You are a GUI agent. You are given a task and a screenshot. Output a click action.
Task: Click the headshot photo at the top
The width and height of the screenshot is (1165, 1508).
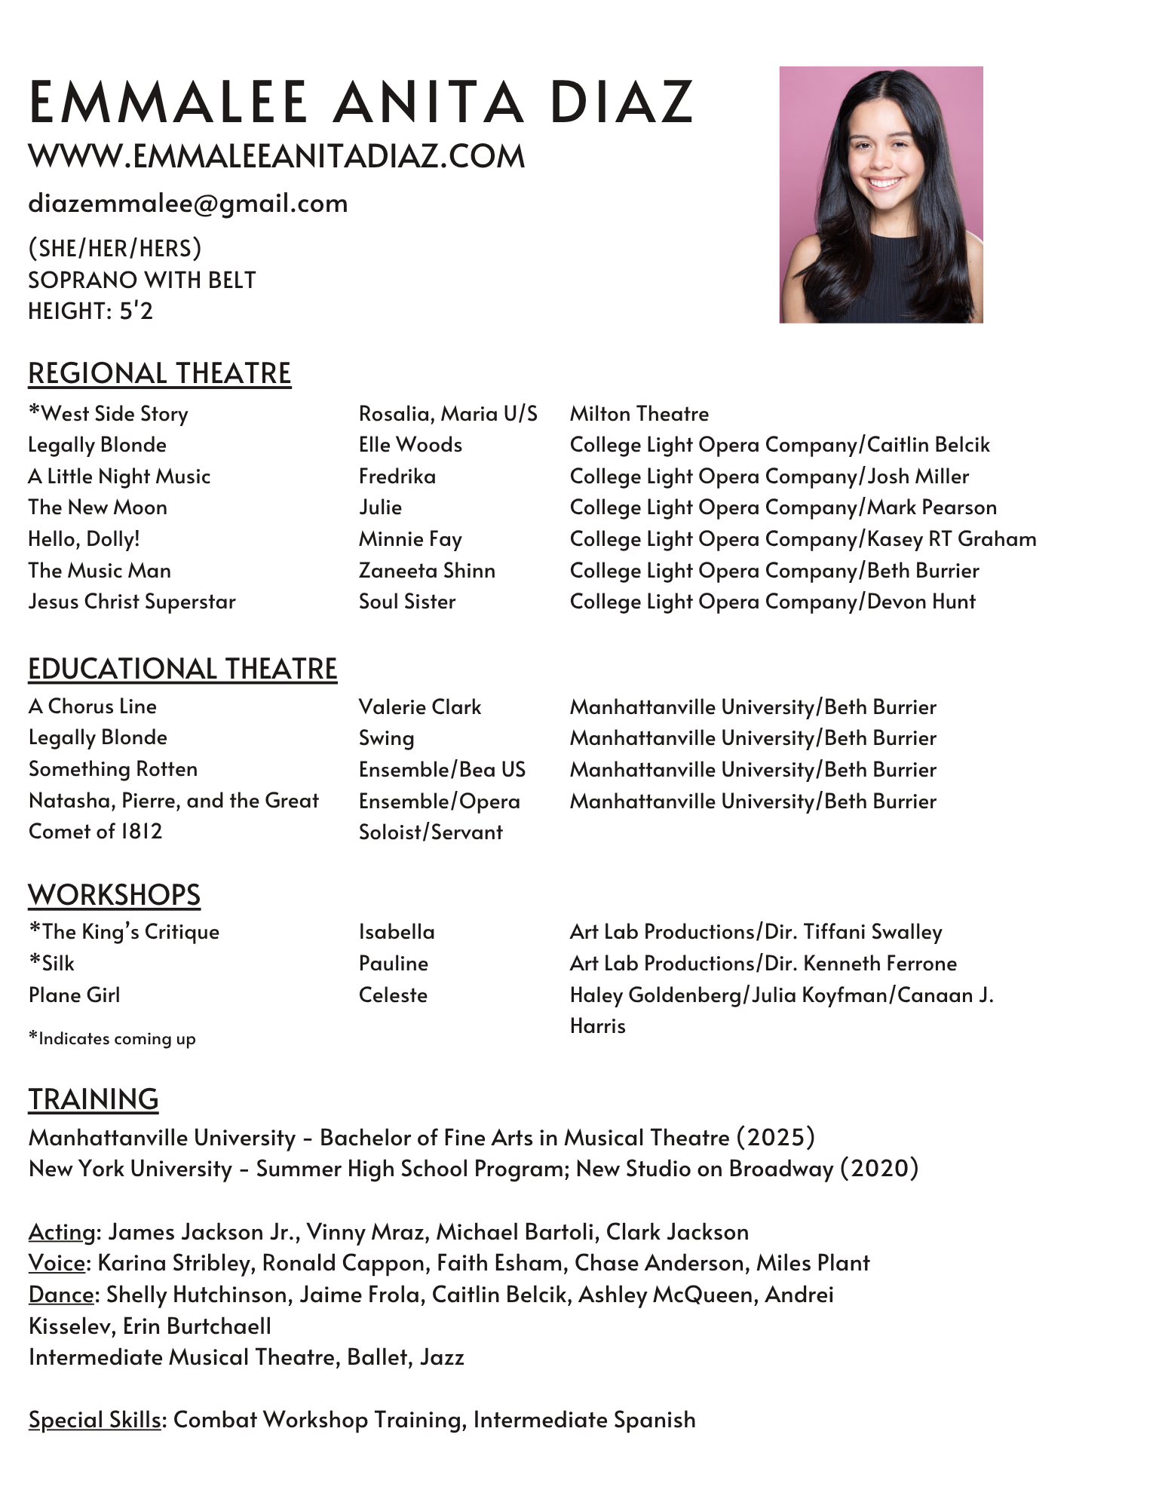[x=881, y=195]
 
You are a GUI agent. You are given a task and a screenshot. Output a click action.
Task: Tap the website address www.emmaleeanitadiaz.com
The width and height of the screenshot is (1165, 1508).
[x=276, y=157]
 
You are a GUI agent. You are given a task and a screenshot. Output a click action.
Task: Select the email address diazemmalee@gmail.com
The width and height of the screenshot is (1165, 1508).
[x=188, y=204]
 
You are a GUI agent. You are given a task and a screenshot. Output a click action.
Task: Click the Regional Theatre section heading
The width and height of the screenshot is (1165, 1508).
[x=159, y=374]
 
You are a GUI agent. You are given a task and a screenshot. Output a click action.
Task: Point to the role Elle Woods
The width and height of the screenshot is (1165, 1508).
[x=410, y=445]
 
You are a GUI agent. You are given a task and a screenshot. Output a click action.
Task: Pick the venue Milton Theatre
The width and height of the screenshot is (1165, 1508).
[x=639, y=414]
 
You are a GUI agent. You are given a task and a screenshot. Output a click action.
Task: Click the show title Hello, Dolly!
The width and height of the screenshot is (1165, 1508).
[x=84, y=539]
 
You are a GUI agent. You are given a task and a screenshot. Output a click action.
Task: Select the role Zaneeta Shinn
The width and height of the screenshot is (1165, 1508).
[x=427, y=571]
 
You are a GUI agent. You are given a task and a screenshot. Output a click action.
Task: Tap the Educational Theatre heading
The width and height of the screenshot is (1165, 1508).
[x=182, y=670]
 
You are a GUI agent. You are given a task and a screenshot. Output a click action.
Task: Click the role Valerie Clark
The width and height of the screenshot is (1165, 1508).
[x=419, y=707]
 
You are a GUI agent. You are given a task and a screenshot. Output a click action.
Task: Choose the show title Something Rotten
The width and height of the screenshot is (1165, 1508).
[x=113, y=769]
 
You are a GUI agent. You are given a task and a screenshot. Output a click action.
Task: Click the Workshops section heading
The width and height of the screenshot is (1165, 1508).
[x=114, y=895]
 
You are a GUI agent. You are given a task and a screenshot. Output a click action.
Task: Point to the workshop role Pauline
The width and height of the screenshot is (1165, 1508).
[x=393, y=964]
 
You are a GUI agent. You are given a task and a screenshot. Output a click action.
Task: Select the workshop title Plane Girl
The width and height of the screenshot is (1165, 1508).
[x=74, y=995]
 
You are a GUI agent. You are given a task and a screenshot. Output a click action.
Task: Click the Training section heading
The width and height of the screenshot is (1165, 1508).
[x=94, y=1099]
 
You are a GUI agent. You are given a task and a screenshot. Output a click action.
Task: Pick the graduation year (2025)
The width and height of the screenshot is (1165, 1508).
[x=776, y=1137]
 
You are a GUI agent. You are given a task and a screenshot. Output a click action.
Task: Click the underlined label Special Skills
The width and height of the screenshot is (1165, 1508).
[x=94, y=1420]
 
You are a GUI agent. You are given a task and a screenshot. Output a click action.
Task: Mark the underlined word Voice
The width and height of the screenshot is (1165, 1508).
[x=57, y=1263]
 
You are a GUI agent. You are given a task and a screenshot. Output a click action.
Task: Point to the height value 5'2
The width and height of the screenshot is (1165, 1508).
[x=136, y=311]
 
